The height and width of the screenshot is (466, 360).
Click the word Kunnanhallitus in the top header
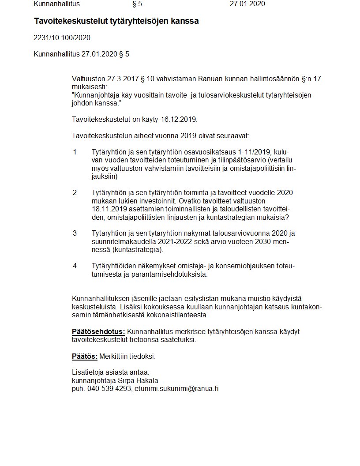[x=57, y=4]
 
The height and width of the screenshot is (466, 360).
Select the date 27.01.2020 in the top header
[x=247, y=4]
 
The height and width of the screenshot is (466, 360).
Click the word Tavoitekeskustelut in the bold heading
[x=67, y=21]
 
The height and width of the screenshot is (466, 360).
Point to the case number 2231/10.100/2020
[x=62, y=38]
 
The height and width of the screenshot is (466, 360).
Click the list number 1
[x=75, y=152]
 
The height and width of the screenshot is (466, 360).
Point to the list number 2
[x=75, y=193]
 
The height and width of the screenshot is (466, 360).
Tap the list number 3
[x=75, y=233]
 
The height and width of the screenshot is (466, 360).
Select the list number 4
[x=75, y=266]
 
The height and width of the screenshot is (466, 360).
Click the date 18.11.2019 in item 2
[x=109, y=209]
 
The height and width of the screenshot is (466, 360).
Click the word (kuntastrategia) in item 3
[x=137, y=250]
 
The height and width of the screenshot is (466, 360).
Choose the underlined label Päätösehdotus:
[x=98, y=332]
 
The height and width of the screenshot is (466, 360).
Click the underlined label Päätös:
[x=85, y=356]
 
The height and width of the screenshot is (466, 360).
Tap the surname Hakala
[x=147, y=381]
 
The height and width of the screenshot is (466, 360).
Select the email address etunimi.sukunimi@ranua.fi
[x=176, y=389]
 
